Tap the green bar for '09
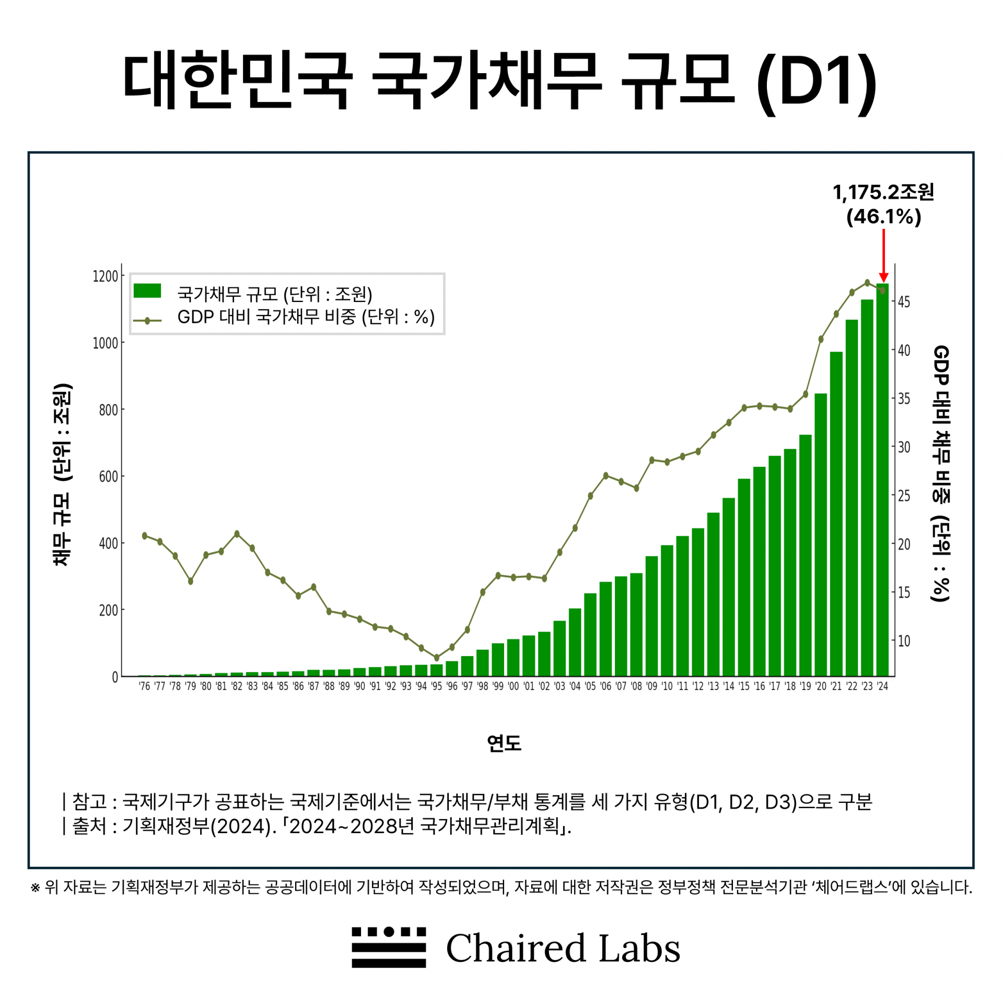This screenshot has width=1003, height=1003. (651, 616)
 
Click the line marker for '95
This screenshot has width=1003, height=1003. (437, 658)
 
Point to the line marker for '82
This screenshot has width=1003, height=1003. (237, 534)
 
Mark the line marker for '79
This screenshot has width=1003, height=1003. (191, 581)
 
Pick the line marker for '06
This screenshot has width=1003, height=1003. (606, 475)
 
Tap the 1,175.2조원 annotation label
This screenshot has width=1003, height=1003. (883, 192)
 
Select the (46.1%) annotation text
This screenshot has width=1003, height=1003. (883, 217)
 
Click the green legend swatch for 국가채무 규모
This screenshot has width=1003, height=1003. (147, 291)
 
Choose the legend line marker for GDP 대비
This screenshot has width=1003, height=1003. (147, 321)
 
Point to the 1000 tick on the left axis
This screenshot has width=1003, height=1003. (106, 343)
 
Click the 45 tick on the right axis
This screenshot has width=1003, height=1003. (904, 302)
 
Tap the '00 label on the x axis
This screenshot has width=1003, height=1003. (514, 686)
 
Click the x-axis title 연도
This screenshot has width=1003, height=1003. (504, 743)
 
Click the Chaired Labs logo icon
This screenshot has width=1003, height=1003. (389, 947)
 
